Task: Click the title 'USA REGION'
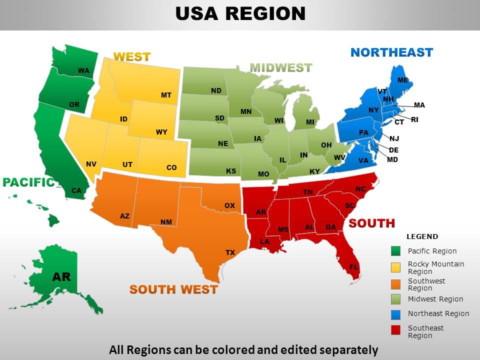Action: tap(240, 13)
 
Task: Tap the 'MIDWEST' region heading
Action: tap(280, 67)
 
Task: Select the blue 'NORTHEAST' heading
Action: tap(391, 52)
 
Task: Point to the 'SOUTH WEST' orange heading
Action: tap(173, 289)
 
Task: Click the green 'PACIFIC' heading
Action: tap(28, 182)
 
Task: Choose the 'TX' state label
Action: tap(230, 253)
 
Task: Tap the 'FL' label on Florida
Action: tap(353, 267)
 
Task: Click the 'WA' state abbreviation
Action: tap(83, 71)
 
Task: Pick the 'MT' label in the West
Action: tap(166, 95)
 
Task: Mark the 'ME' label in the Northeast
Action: tap(402, 80)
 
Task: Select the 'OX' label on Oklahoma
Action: tap(229, 206)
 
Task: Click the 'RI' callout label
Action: tap(414, 120)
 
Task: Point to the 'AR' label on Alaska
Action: tap(61, 276)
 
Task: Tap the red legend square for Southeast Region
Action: tap(396, 329)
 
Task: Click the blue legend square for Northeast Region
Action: tap(396, 314)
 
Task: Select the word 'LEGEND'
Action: tap(422, 236)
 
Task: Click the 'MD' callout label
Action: tap(392, 160)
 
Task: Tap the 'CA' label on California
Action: tap(76, 190)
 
